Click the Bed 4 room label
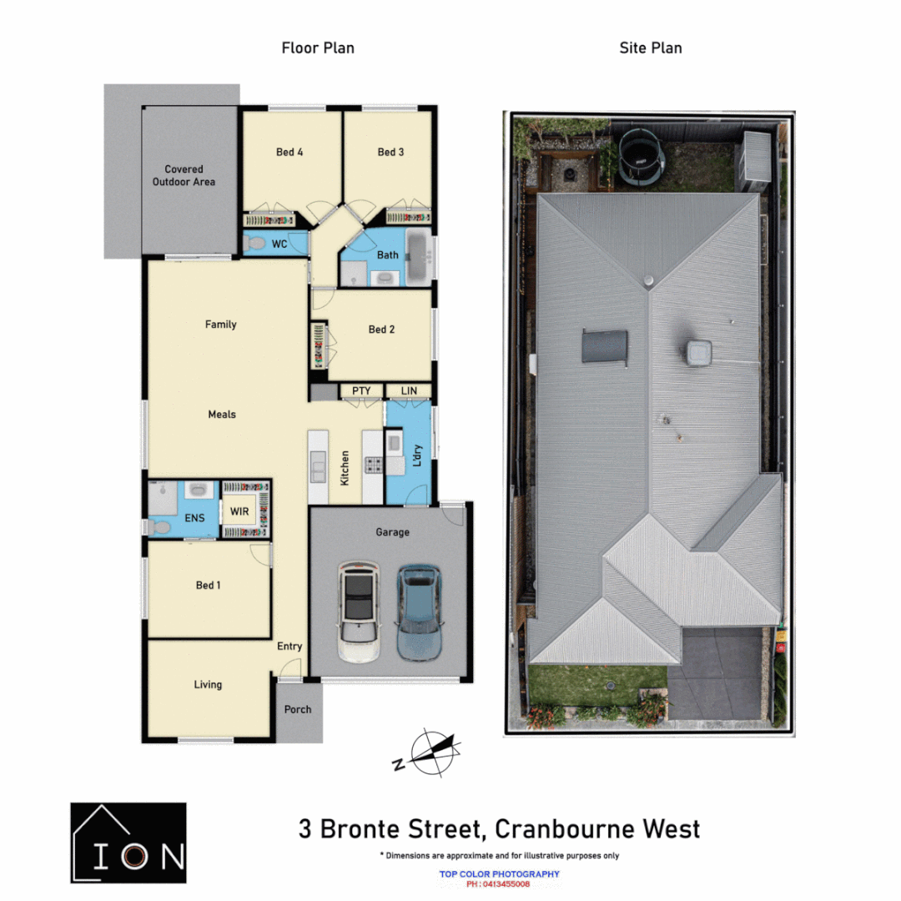point(289,152)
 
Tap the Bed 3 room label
point(390,152)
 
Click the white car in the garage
point(359,613)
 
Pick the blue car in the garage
point(418,613)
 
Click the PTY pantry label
point(361,390)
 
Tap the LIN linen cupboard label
point(409,390)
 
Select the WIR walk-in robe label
point(239,511)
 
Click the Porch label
point(298,709)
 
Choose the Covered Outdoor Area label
point(184,175)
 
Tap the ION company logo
point(128,843)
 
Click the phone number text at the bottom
point(498,884)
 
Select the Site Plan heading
point(650,48)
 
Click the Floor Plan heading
point(318,48)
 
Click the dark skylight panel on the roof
point(604,346)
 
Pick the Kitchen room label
point(344,468)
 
